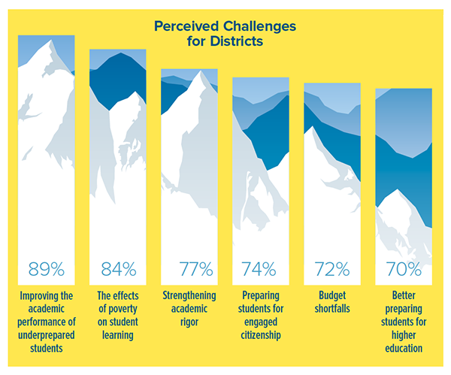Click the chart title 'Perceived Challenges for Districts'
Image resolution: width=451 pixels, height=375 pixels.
tap(225, 33)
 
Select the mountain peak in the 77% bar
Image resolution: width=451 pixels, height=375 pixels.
tap(201, 74)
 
